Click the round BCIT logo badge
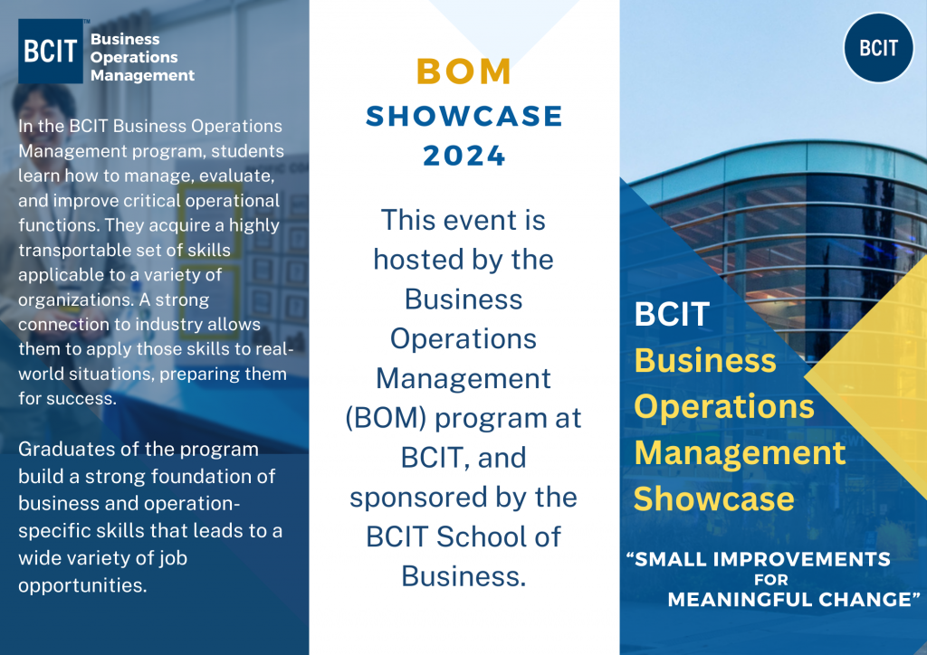878,48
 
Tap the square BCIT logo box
51,52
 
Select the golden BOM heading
464,71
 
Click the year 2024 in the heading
464,157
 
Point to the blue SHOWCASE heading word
464,115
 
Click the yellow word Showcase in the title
714,498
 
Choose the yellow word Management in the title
740,452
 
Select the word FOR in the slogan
770,580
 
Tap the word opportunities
82,584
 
